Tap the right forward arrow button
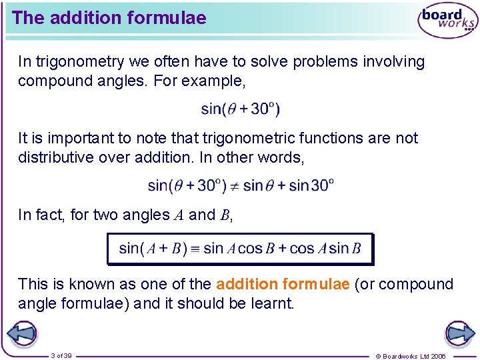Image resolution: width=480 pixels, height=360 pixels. tap(459, 333)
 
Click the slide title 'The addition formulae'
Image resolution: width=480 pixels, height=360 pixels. tap(109, 18)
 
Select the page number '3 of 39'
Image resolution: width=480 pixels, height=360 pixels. tap(61, 355)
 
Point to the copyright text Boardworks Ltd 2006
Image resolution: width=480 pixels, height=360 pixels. tap(411, 356)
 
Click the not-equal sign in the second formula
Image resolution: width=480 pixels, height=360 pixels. tap(233, 185)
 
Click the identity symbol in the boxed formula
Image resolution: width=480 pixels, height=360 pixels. tap(194, 249)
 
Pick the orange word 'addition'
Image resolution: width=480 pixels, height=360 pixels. tap(247, 284)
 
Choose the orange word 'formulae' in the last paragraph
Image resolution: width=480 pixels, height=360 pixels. tap(316, 284)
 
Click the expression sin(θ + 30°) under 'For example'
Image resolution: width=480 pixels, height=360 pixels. tap(240, 109)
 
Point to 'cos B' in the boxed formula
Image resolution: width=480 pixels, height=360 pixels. tap(257, 249)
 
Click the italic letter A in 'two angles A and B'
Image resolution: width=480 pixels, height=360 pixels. tap(179, 215)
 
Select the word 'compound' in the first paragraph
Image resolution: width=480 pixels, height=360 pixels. tap(49, 81)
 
